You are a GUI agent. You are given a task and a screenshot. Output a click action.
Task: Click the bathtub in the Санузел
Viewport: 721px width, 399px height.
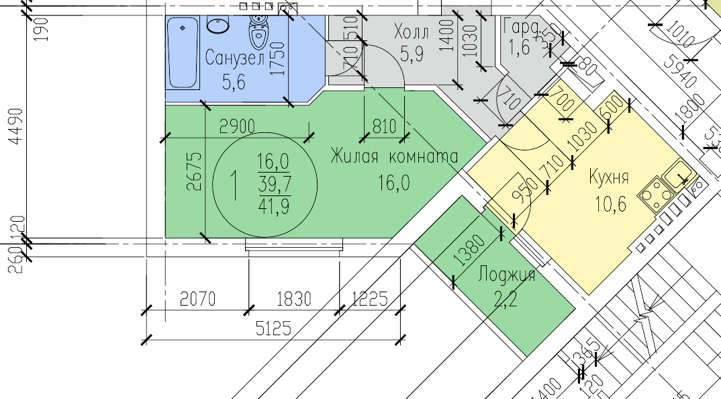[183, 54]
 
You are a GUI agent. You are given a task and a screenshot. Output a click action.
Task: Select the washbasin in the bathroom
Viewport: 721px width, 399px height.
[220, 26]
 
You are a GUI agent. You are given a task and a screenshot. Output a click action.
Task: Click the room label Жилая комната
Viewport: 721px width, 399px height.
[393, 157]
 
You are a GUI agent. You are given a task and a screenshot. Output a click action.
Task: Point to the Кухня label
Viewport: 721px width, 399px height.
[608, 178]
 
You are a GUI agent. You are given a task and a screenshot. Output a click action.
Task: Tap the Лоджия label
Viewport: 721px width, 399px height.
[506, 275]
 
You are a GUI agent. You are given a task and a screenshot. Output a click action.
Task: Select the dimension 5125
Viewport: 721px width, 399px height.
[273, 328]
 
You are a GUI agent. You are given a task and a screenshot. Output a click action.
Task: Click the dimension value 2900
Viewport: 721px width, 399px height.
[238, 126]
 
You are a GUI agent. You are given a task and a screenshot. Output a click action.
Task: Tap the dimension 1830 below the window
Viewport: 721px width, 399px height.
[294, 298]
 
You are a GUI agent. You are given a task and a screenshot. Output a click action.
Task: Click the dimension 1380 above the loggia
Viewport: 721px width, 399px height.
[469, 249]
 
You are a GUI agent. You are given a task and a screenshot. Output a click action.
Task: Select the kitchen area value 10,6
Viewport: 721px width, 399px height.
[609, 202]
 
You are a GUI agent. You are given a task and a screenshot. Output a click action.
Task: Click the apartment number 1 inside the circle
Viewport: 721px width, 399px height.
[234, 185]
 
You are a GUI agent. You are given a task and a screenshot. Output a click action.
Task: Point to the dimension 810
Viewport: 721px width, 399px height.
[385, 126]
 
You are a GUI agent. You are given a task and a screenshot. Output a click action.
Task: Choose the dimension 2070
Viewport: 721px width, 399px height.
[198, 298]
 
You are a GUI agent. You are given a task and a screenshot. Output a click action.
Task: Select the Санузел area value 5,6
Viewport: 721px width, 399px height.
[234, 82]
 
